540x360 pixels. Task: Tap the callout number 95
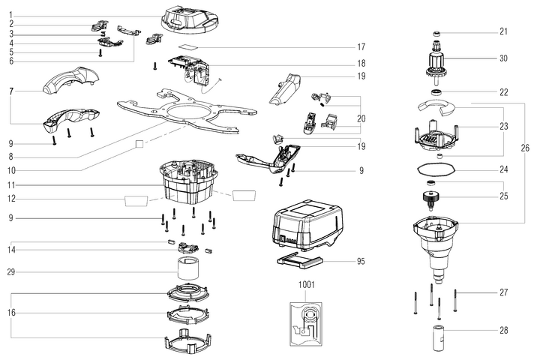click(x=361, y=262)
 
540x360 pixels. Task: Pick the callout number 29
click(x=10, y=271)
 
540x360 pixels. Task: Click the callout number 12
click(x=10, y=199)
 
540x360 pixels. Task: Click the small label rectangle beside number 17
click(x=193, y=46)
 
